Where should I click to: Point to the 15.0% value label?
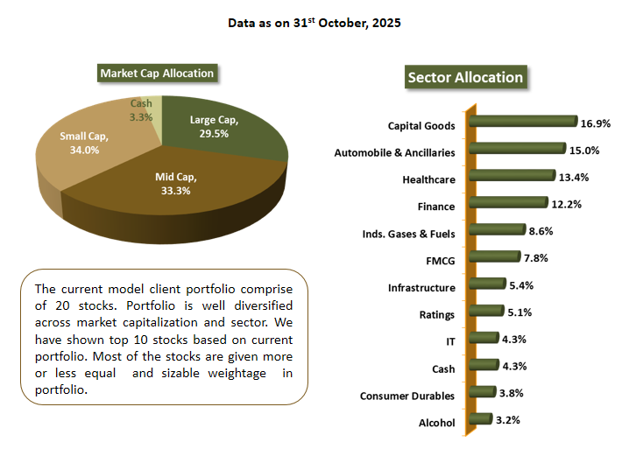(x=584, y=150)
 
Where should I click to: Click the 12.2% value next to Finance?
(x=568, y=204)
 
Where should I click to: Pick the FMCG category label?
(x=439, y=261)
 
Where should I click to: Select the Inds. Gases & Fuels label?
(x=408, y=234)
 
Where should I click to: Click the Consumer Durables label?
(x=407, y=396)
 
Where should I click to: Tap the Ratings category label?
(x=435, y=315)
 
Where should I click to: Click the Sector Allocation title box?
(x=465, y=77)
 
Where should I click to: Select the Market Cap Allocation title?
(x=157, y=74)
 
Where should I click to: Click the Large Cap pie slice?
(x=228, y=131)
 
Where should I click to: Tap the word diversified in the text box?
(x=261, y=306)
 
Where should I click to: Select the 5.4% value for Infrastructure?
(x=521, y=285)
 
